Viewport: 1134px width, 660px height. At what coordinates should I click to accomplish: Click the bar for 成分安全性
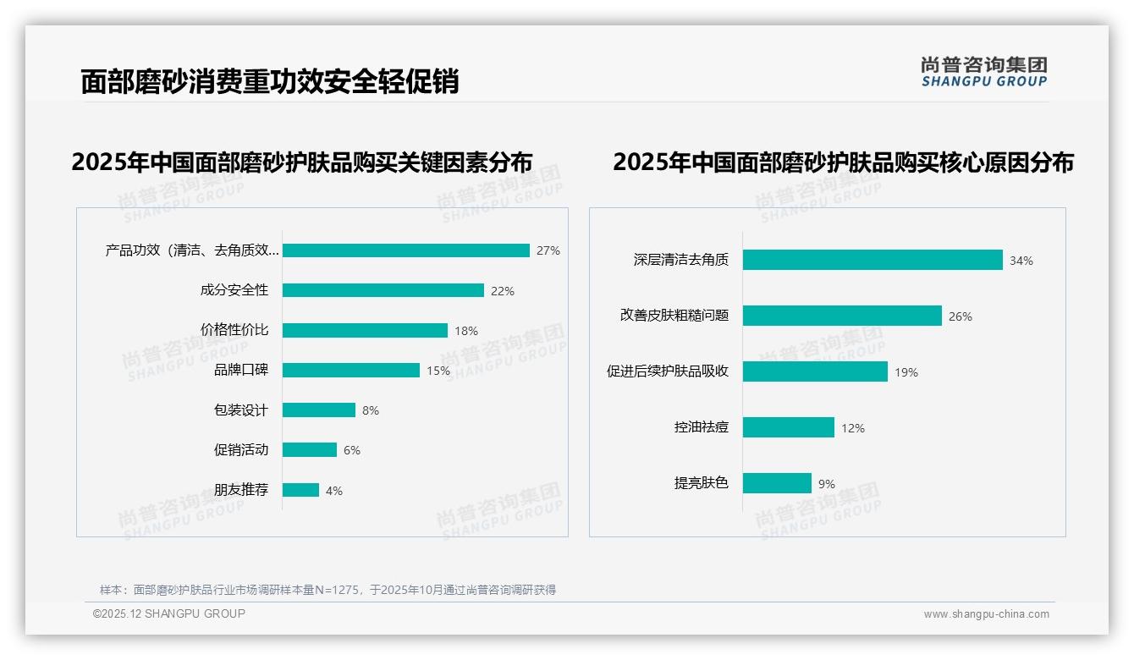pyautogui.click(x=383, y=290)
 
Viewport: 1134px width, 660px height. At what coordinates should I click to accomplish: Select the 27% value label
pyautogui.click(x=548, y=250)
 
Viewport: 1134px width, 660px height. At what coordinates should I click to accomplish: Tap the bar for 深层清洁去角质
pyautogui.click(x=872, y=260)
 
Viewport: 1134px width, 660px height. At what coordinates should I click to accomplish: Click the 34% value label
pyautogui.click(x=1021, y=261)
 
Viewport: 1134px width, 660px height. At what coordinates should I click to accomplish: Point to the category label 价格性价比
pyautogui.click(x=234, y=330)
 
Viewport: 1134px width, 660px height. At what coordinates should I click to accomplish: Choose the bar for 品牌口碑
pyautogui.click(x=350, y=371)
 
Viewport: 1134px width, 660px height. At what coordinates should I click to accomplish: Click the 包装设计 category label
pyautogui.click(x=240, y=410)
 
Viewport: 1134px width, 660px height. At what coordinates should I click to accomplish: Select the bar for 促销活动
pyautogui.click(x=309, y=450)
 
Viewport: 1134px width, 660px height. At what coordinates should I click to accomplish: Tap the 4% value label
pyautogui.click(x=334, y=491)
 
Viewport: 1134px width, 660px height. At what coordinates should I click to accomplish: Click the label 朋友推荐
pyautogui.click(x=240, y=490)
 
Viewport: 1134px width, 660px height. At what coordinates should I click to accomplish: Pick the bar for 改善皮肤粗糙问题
pyautogui.click(x=841, y=316)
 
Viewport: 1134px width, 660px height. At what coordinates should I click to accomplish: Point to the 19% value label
pyautogui.click(x=906, y=372)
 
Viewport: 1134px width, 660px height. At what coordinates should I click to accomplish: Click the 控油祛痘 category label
pyautogui.click(x=701, y=428)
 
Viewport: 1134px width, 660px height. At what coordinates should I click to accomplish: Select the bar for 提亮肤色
pyautogui.click(x=777, y=483)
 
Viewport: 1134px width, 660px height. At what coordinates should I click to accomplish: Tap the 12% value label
pyautogui.click(x=852, y=429)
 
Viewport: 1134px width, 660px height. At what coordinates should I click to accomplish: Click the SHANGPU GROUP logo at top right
pyautogui.click(x=983, y=72)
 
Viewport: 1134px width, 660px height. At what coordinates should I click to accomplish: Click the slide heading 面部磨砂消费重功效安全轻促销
pyautogui.click(x=269, y=81)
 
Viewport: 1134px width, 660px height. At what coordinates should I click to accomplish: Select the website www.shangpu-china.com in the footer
pyautogui.click(x=986, y=614)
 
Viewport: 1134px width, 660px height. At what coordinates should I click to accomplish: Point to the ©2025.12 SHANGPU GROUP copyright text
pyautogui.click(x=169, y=613)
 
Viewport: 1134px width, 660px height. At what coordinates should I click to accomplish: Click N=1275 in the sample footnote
pyautogui.click(x=338, y=590)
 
